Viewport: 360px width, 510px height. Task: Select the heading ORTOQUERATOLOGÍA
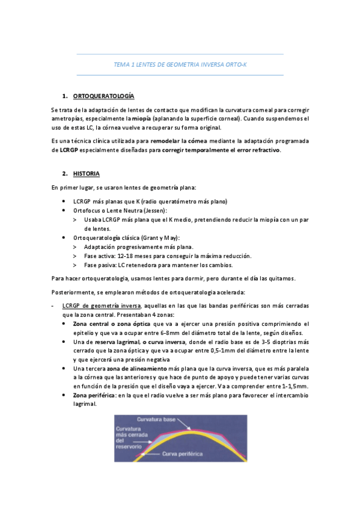pyautogui.click(x=103, y=96)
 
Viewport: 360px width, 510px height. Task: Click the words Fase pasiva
pyautogui.click(x=99, y=265)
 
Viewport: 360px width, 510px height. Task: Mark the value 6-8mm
pyautogui.click(x=179, y=333)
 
